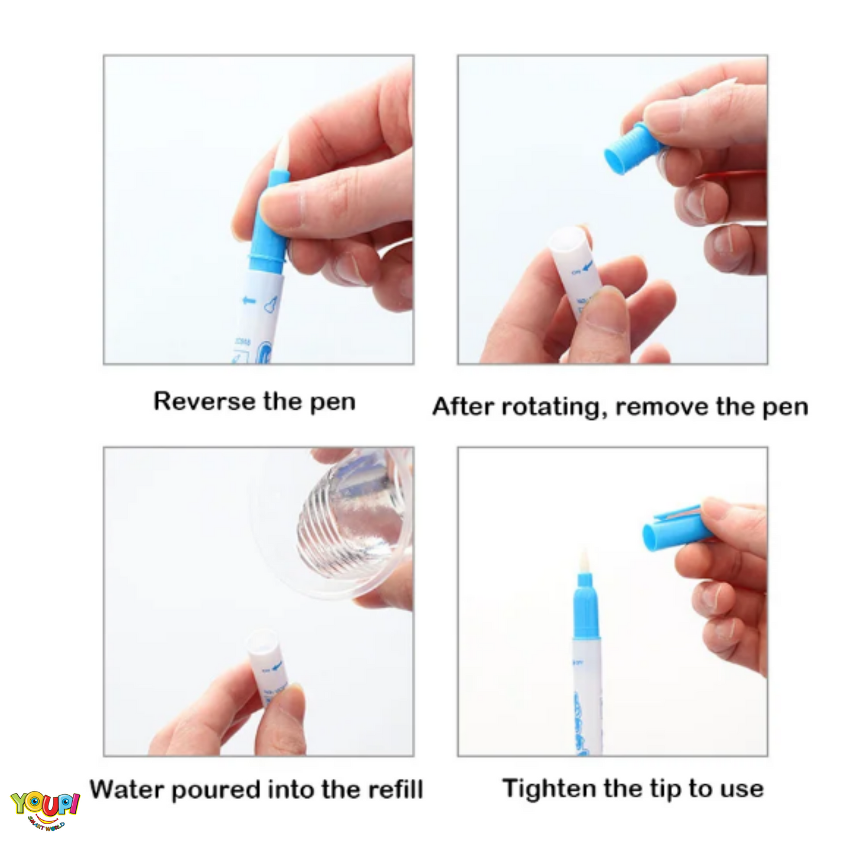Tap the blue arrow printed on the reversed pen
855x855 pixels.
coord(249,301)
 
